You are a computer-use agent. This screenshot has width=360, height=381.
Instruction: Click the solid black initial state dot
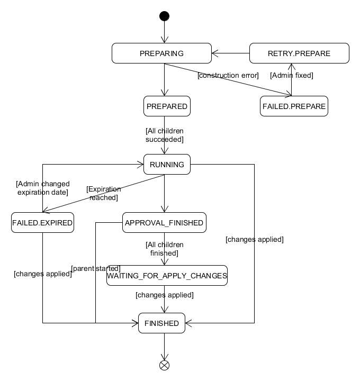click(164, 16)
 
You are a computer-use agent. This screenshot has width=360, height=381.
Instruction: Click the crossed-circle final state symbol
click(164, 365)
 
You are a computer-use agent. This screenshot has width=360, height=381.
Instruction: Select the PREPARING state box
click(161, 53)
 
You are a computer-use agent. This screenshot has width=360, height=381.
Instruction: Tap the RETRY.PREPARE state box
click(299, 53)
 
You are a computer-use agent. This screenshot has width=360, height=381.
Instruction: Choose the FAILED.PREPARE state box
click(294, 106)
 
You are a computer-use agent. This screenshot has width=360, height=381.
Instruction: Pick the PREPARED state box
click(167, 106)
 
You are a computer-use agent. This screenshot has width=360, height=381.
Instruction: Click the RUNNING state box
click(167, 165)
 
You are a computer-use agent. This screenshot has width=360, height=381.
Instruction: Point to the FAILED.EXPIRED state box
click(42, 223)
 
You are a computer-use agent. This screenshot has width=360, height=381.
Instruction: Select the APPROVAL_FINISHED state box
click(164, 223)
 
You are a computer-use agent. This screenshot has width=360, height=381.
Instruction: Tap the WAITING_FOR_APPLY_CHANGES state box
click(167, 276)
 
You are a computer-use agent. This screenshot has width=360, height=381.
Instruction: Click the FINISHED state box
click(162, 323)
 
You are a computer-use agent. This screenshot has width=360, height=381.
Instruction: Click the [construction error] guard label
click(228, 76)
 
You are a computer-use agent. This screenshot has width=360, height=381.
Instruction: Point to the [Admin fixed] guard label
click(292, 76)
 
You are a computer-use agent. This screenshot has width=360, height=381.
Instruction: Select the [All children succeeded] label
click(164, 135)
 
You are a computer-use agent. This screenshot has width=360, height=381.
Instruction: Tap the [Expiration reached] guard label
click(104, 193)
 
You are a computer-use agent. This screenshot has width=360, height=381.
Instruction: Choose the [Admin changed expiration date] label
click(42, 188)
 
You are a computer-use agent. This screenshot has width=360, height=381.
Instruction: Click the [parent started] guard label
click(95, 268)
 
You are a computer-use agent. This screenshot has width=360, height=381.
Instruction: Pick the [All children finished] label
click(164, 249)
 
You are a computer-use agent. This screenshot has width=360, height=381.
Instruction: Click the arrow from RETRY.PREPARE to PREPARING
click(230, 53)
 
